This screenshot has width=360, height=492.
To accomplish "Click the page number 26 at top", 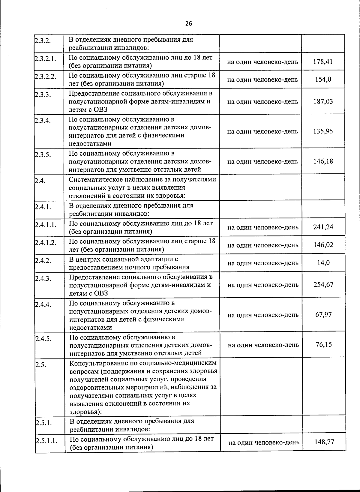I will click(x=188, y=24).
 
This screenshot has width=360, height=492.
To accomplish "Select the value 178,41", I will click(x=323, y=62).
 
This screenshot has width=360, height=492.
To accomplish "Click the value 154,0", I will click(x=323, y=79).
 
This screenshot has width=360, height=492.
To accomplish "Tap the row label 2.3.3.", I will click(x=42, y=95).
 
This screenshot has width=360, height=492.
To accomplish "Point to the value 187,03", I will click(x=323, y=101).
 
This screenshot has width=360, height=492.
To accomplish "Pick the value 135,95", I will click(x=323, y=131).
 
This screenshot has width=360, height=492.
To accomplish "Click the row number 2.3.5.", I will click(x=43, y=155).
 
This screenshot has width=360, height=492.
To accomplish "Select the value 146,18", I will click(x=323, y=161).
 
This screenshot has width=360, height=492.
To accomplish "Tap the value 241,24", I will click(x=323, y=227).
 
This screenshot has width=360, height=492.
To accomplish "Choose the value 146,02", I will click(x=323, y=245).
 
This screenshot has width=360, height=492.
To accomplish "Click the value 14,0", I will click(x=323, y=263).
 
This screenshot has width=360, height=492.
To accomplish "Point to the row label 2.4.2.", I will click(x=43, y=260).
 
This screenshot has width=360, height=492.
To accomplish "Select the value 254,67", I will click(x=323, y=284).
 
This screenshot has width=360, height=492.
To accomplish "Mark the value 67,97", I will click(x=323, y=315).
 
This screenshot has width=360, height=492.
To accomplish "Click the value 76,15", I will click(x=324, y=344).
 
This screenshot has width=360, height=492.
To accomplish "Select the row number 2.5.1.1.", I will click(x=46, y=441).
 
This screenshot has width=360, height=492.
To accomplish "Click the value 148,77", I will click(x=324, y=442).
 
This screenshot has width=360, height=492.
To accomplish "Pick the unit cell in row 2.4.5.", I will click(x=263, y=345).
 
